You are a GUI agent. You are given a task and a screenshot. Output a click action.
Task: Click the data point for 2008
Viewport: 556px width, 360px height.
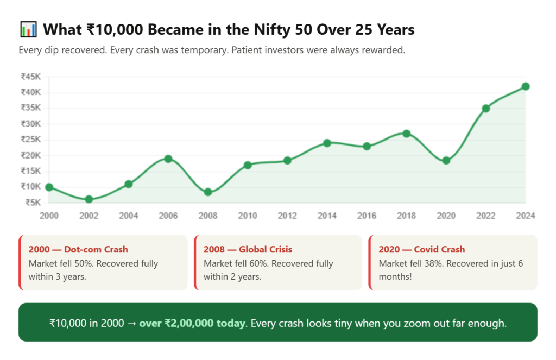click(x=208, y=192)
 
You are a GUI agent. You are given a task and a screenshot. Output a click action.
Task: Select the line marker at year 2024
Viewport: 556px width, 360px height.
click(x=525, y=86)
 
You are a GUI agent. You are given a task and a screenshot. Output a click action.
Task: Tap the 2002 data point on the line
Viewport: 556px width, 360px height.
click(x=89, y=199)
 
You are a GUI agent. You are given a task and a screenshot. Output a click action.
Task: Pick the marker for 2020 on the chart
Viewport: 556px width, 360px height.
click(x=446, y=160)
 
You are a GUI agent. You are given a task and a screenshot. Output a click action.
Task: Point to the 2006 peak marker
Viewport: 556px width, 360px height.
click(x=168, y=159)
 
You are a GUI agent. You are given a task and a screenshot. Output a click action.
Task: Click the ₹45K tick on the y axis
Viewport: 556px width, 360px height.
click(x=30, y=77)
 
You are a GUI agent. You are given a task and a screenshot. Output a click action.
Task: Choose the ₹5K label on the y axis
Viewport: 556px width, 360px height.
click(x=33, y=203)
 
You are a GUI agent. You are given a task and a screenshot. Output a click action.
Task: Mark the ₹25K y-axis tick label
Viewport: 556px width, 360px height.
click(x=30, y=140)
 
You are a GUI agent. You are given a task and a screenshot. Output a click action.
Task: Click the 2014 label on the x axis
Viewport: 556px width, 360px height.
click(x=327, y=216)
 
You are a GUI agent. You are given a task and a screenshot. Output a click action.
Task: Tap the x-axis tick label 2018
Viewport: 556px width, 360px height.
click(x=406, y=216)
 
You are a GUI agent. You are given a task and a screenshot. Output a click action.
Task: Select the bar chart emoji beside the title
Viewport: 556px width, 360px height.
click(x=28, y=29)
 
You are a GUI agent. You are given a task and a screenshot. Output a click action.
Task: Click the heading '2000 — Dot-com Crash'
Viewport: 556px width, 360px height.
click(x=78, y=250)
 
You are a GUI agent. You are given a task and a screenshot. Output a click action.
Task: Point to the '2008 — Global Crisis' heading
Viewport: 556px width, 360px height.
click(x=248, y=250)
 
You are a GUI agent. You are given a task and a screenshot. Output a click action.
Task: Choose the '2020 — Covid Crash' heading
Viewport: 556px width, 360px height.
click(x=422, y=250)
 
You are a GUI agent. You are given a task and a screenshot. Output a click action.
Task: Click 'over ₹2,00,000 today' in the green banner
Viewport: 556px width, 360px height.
click(x=192, y=323)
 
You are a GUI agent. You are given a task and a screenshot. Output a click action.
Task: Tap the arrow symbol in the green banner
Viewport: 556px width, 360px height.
click(x=131, y=323)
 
